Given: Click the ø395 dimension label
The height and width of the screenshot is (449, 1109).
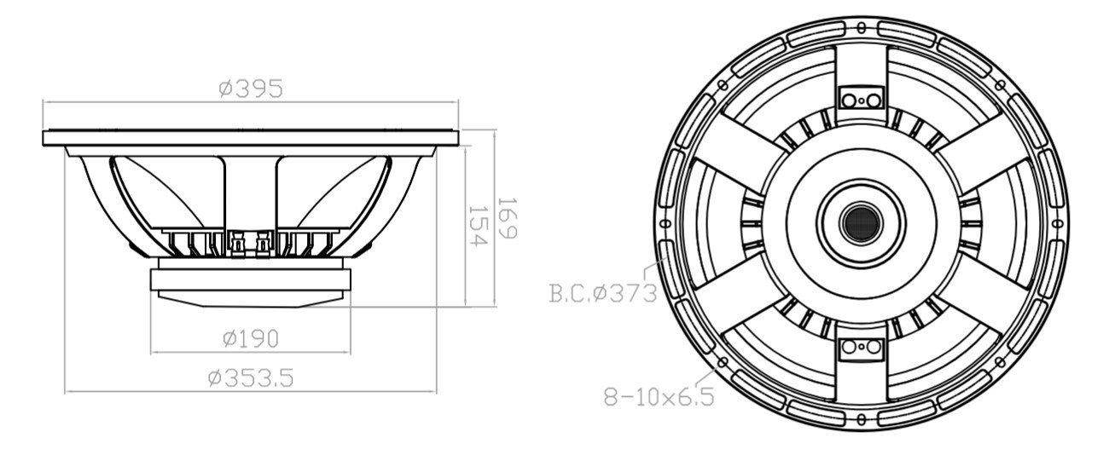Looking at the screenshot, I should (x=250, y=89).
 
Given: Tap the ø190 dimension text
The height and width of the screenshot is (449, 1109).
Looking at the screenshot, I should (x=250, y=339).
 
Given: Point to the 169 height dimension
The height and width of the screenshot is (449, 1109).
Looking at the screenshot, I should (x=507, y=219).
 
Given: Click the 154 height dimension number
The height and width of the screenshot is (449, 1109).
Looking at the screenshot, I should (x=477, y=227).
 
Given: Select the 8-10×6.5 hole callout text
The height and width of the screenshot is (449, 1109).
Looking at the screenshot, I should (x=658, y=397).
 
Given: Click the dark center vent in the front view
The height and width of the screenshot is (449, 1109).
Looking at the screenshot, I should (x=863, y=222).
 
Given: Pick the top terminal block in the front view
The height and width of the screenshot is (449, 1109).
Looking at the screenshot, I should (x=863, y=99).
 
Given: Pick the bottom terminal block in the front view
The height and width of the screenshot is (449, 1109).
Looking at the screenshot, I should (x=863, y=347).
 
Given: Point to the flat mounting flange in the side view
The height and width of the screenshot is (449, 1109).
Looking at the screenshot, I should (x=250, y=137).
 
